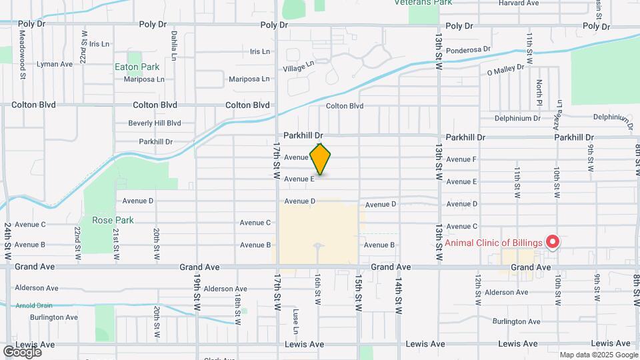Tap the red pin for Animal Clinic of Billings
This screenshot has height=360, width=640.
[x=552, y=242]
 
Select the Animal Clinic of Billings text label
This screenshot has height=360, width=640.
[x=493, y=242]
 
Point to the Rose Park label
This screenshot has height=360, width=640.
[x=113, y=220]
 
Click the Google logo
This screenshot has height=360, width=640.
[x=22, y=351]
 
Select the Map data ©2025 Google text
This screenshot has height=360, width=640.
[x=598, y=355]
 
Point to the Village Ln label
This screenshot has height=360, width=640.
[x=298, y=67]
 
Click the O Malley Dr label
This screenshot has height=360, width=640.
[x=507, y=71]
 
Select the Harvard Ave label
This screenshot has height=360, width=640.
[x=518, y=3]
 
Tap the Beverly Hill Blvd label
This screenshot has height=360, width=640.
[x=155, y=123]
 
